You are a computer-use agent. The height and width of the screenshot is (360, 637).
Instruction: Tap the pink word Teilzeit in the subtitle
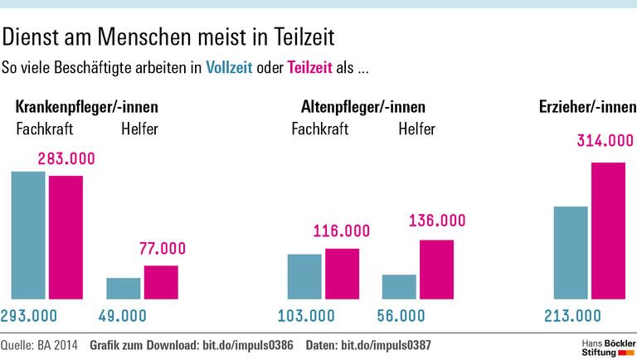pos(309,68)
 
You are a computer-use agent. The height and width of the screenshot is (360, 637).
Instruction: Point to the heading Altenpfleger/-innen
pos(363,107)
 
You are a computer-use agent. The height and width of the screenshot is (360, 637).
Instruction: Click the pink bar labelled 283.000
pos(66,236)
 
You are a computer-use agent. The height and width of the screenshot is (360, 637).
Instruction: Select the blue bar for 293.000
pos(28,235)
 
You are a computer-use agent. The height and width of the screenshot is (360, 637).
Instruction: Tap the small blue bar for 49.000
pos(124,288)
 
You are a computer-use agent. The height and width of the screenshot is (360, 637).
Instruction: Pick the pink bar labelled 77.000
pos(161,282)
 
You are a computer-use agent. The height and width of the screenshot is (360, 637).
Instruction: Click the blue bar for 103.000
pos(304,276)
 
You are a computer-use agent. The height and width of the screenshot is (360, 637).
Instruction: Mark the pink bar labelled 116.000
pos(342,273)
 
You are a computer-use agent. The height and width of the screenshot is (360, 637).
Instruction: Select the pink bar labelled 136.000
pos(436,269)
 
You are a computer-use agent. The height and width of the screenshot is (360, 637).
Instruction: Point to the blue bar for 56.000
pos(399,286)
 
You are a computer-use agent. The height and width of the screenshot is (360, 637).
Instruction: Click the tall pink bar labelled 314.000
pos(608,230)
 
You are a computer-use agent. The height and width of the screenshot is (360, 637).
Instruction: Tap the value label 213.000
pos(571,315)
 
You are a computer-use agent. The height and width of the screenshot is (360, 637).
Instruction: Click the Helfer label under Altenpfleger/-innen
pos(416,129)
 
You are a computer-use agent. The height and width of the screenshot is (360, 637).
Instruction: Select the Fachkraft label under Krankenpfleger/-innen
pos(46,129)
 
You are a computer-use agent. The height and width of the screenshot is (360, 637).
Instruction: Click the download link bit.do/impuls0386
pos(248,344)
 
